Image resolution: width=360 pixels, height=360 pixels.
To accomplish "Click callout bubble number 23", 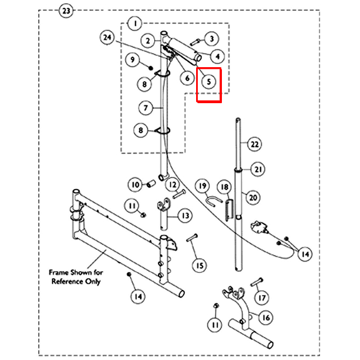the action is pos(66,11).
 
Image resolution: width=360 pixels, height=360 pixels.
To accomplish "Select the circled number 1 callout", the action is pos(135,24).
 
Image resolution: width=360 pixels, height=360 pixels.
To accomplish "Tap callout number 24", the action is pos(107,38).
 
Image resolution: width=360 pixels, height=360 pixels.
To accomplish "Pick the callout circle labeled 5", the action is pos(208,82).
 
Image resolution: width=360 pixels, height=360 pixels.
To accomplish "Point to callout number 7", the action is pos(146,107).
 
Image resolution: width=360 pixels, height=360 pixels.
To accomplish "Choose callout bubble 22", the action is pos(255,144).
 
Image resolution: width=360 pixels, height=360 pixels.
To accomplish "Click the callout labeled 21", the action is pos(258,169).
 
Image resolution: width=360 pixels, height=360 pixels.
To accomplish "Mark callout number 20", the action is pos(253,197).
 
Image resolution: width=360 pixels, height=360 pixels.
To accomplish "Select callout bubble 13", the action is pos(185,215).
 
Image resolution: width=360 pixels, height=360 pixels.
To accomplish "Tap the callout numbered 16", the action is pos(266,318).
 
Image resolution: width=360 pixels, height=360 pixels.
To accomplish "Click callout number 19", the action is pos(203,186).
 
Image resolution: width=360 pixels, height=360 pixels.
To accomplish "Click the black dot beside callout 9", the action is pos(151,68).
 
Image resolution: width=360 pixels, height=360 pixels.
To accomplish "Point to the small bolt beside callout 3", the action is pos(195,42).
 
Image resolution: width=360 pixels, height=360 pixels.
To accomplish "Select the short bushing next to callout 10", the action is pos(152,183).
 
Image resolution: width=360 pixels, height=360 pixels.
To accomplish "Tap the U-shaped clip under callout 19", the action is pos(213,200).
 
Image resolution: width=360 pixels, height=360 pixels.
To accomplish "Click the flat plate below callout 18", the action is pos(229,210).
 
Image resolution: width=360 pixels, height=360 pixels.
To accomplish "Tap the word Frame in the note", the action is pos(59,272).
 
